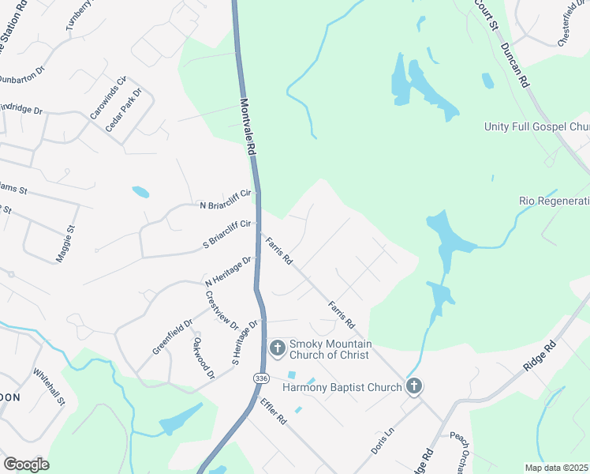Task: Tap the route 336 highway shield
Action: coord(261,379)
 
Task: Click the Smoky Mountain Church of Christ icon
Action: coord(277,348)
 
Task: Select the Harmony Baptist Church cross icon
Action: coord(413,386)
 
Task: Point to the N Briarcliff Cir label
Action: coord(226,199)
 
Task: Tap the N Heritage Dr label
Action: coord(228,271)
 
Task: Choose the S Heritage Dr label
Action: coord(245,342)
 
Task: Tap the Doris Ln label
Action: coord(383,442)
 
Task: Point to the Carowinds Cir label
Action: coord(108,98)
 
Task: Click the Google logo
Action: coord(26,464)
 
